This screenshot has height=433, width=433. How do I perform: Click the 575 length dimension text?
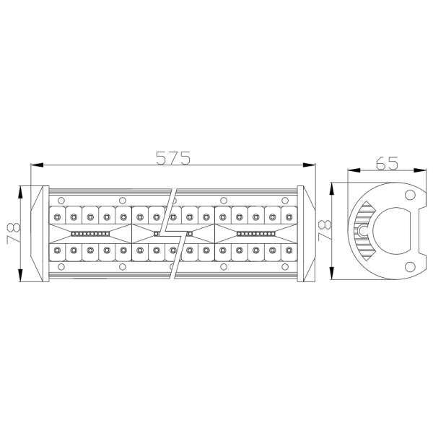(x=173, y=157)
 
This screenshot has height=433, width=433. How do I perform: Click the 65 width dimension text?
(x=388, y=162)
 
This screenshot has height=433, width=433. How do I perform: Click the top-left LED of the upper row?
(x=56, y=216)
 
